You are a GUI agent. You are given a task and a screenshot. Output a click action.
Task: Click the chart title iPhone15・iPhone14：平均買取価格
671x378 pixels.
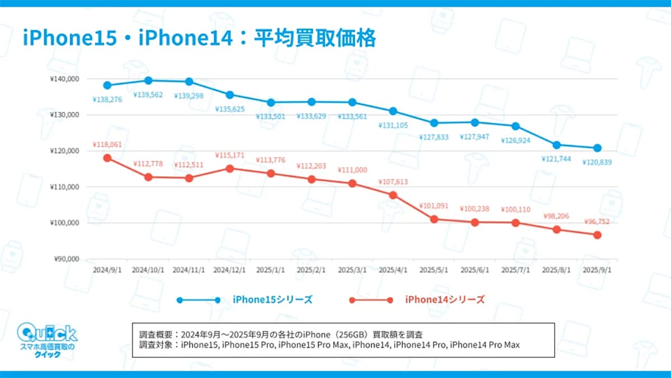(199, 39)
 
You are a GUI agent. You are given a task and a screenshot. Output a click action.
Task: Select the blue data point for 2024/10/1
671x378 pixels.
(148, 81)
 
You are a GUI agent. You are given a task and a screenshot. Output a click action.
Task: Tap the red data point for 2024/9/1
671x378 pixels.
(107, 158)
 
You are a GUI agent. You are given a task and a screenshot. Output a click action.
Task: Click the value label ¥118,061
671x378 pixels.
(107, 144)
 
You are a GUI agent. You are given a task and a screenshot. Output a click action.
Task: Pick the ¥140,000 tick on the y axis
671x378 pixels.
(65, 79)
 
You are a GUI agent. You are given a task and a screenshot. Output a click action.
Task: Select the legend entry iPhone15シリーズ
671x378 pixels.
(272, 300)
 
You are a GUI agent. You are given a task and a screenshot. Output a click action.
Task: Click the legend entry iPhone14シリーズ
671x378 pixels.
(445, 300)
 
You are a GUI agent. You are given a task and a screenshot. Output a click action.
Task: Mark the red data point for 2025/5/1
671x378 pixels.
(434, 219)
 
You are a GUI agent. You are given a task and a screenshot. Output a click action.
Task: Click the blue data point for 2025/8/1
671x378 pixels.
(556, 145)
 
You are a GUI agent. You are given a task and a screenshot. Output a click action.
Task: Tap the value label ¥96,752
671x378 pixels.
(597, 222)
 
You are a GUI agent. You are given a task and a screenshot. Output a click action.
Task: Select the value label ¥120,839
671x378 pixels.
(597, 162)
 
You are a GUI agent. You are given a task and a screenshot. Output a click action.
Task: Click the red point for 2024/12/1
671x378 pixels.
(230, 168)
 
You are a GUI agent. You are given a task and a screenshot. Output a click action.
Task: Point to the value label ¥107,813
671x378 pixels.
(393, 182)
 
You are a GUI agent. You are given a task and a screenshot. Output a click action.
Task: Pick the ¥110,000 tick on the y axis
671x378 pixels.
(65, 187)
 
